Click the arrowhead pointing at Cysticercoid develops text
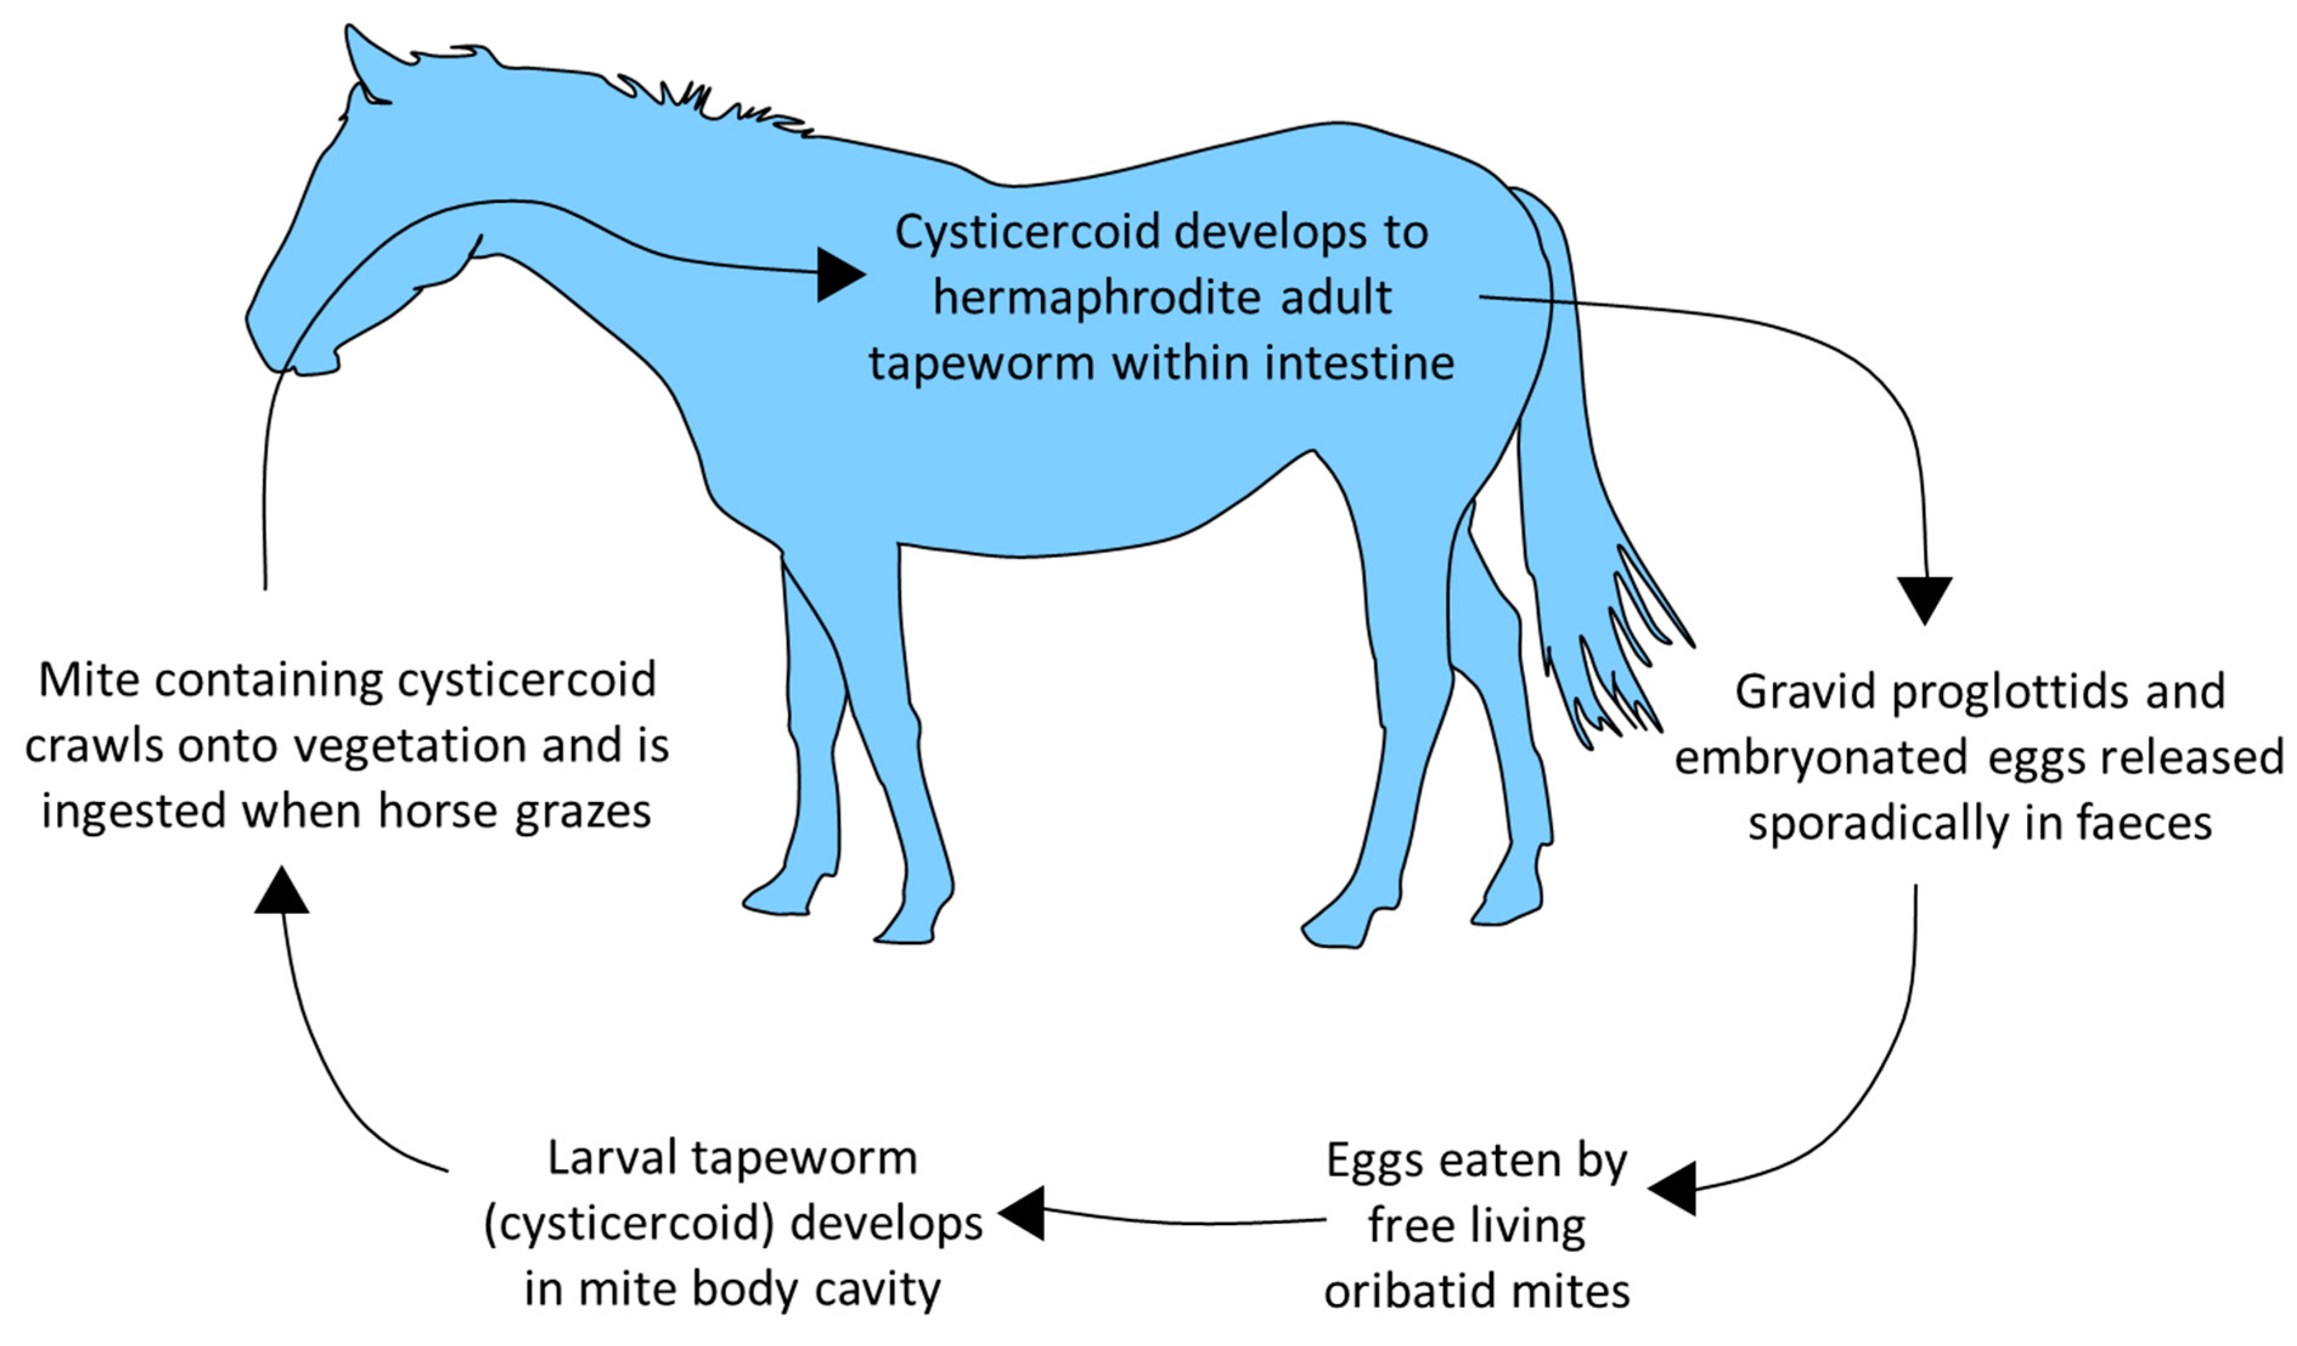838,273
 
